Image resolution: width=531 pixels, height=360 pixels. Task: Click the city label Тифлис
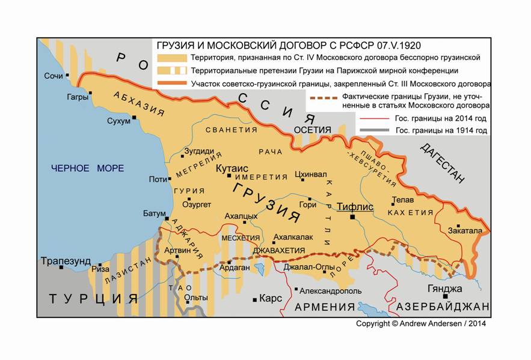[x=355, y=207]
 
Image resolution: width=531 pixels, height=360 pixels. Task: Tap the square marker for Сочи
[x=67, y=76]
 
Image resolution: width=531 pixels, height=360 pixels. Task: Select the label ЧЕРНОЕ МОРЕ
[x=87, y=168]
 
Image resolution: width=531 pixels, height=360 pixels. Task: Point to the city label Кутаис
[x=230, y=169]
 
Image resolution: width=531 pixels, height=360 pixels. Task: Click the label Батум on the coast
[x=153, y=213]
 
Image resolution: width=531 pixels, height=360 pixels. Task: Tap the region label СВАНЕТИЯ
[x=231, y=130]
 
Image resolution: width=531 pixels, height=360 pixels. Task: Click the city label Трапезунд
[x=66, y=261]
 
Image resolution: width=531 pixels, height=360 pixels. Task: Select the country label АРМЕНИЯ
[x=325, y=307]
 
